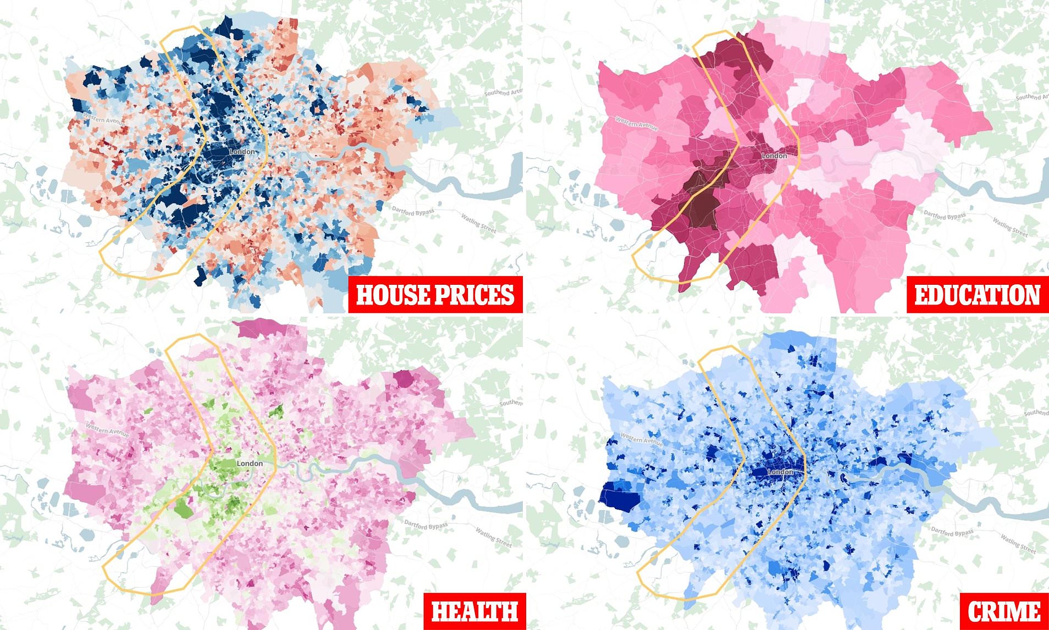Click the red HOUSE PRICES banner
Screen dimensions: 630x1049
coord(435,294)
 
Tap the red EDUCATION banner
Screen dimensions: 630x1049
coord(977,294)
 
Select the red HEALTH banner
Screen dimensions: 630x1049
coord(474,611)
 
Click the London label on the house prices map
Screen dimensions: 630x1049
coord(242,151)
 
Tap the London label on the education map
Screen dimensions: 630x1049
coord(774,156)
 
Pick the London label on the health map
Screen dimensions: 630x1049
coord(249,463)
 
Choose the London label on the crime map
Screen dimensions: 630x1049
coord(780,472)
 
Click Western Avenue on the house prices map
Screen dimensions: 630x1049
coord(103,120)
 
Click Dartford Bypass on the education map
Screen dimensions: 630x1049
coord(944,214)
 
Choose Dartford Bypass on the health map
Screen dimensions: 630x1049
coord(426,526)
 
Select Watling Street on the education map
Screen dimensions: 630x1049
coord(1010,228)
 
